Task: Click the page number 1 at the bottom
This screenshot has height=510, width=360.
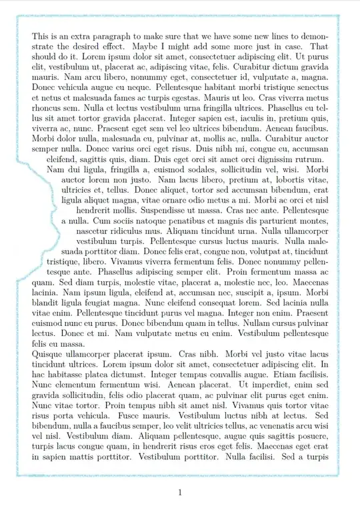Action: (180, 492)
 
